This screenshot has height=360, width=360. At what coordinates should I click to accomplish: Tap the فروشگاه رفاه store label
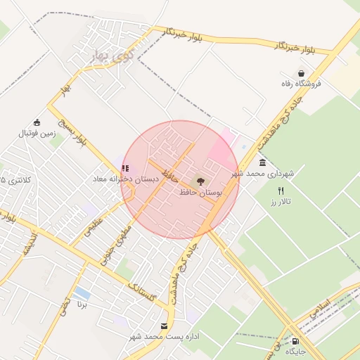pos(301,84)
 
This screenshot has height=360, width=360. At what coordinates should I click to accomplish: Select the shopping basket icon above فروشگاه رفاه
pos(302,73)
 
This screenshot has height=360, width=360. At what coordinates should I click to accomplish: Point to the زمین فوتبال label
pos(36,132)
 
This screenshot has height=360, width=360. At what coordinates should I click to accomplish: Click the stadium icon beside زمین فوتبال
pos(37,122)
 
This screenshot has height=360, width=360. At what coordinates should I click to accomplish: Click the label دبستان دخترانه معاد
pos(126,179)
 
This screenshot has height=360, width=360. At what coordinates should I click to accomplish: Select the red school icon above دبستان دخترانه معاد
pos(125,168)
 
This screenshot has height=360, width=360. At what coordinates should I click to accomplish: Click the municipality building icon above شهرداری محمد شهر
pos(262,163)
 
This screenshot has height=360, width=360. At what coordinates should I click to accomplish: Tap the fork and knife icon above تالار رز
pos(281,191)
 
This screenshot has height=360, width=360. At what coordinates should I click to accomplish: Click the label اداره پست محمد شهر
pos(165,337)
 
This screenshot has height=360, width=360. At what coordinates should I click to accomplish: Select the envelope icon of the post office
pos(165,326)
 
